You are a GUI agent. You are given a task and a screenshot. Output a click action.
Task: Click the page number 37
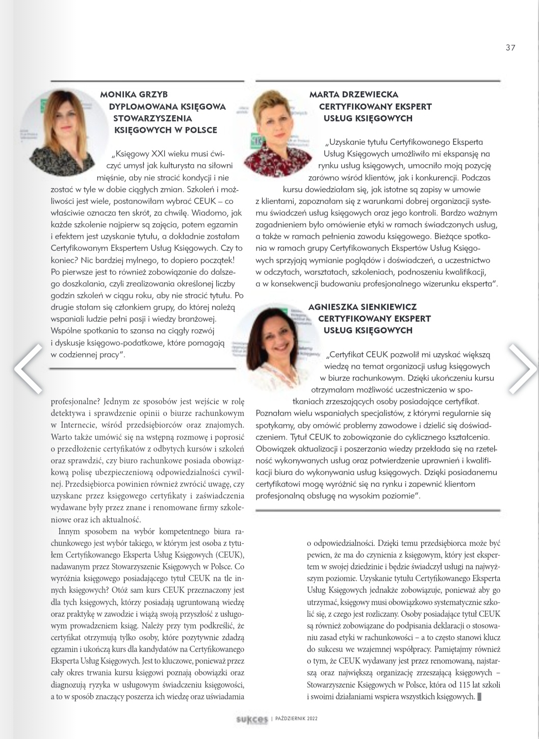pyautogui.click(x=510, y=48)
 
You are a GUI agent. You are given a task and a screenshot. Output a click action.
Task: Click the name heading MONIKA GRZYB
pyautogui.click(x=134, y=94)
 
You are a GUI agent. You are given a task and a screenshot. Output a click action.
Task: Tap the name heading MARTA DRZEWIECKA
pyautogui.click(x=354, y=94)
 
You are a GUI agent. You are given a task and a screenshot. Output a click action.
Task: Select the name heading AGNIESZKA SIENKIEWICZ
pyautogui.click(x=363, y=307)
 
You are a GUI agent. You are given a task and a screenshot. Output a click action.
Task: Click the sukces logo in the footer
pyautogui.click(x=252, y=720)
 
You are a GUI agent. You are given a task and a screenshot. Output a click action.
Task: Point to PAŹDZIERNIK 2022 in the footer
pyautogui.click(x=297, y=719)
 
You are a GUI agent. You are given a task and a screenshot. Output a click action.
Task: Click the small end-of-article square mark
pyautogui.click(x=480, y=696)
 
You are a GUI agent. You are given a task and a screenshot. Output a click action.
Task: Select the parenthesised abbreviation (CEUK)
pyautogui.click(x=230, y=554)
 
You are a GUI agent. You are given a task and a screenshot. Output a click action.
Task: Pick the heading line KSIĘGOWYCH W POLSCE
pyautogui.click(x=166, y=130)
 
